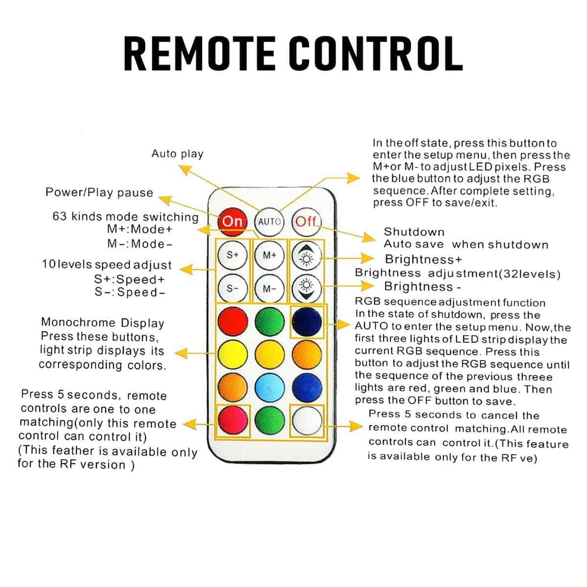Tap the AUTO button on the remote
270,221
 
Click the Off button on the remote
306,221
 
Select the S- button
232,289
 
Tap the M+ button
270,255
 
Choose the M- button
270,289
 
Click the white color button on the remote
307,421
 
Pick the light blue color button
270,386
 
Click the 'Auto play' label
177,154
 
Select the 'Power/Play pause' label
99,192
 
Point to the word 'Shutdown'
414,231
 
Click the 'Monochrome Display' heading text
103,322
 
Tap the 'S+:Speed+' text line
129,280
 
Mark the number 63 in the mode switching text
59,216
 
